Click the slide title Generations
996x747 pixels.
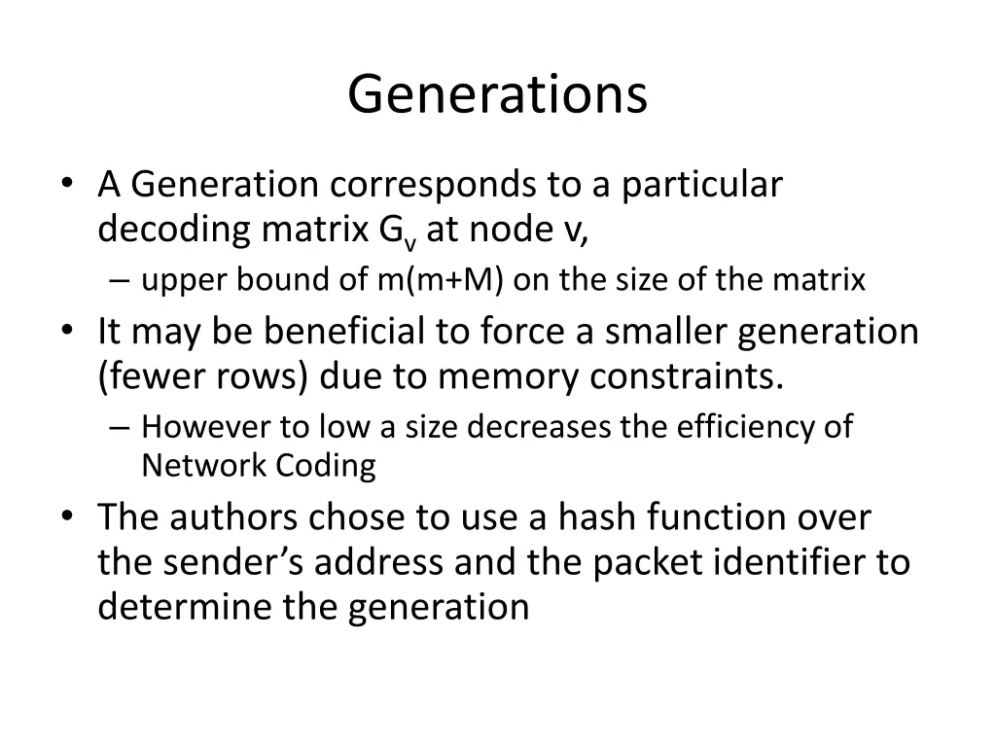tap(497, 94)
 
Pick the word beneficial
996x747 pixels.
tap(346, 332)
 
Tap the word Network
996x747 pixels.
tap(196, 466)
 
